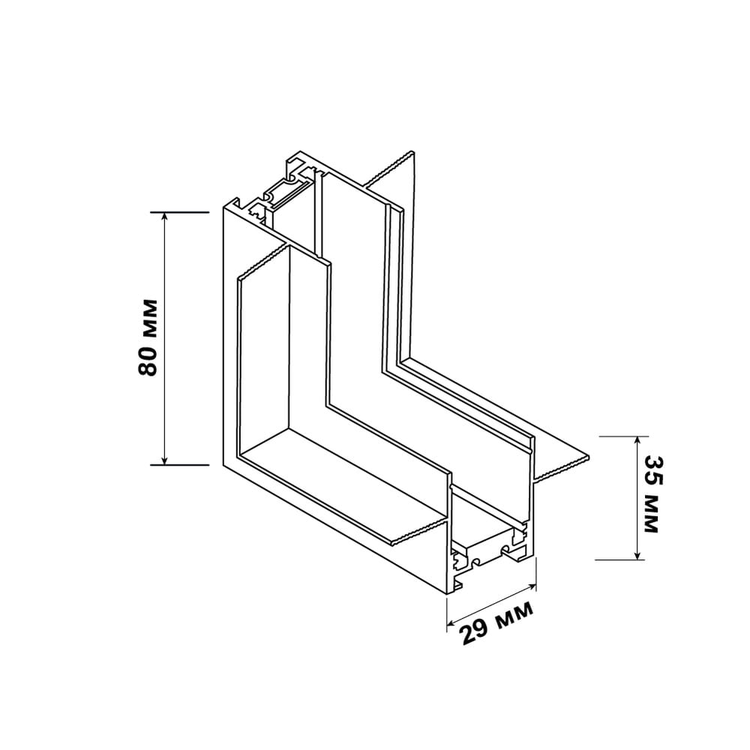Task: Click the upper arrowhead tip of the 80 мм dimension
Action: click(x=164, y=212)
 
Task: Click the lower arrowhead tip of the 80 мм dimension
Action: click(x=164, y=464)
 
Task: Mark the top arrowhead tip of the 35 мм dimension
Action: click(x=637, y=436)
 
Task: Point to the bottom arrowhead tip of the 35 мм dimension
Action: click(x=637, y=559)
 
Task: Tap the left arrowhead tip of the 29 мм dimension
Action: click(x=447, y=624)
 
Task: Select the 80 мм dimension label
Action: click(x=148, y=337)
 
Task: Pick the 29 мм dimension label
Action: click(x=496, y=622)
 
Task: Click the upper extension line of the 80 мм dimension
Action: click(x=180, y=212)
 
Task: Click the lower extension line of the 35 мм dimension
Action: click(x=620, y=559)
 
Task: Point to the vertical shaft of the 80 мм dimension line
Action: click(x=164, y=339)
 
